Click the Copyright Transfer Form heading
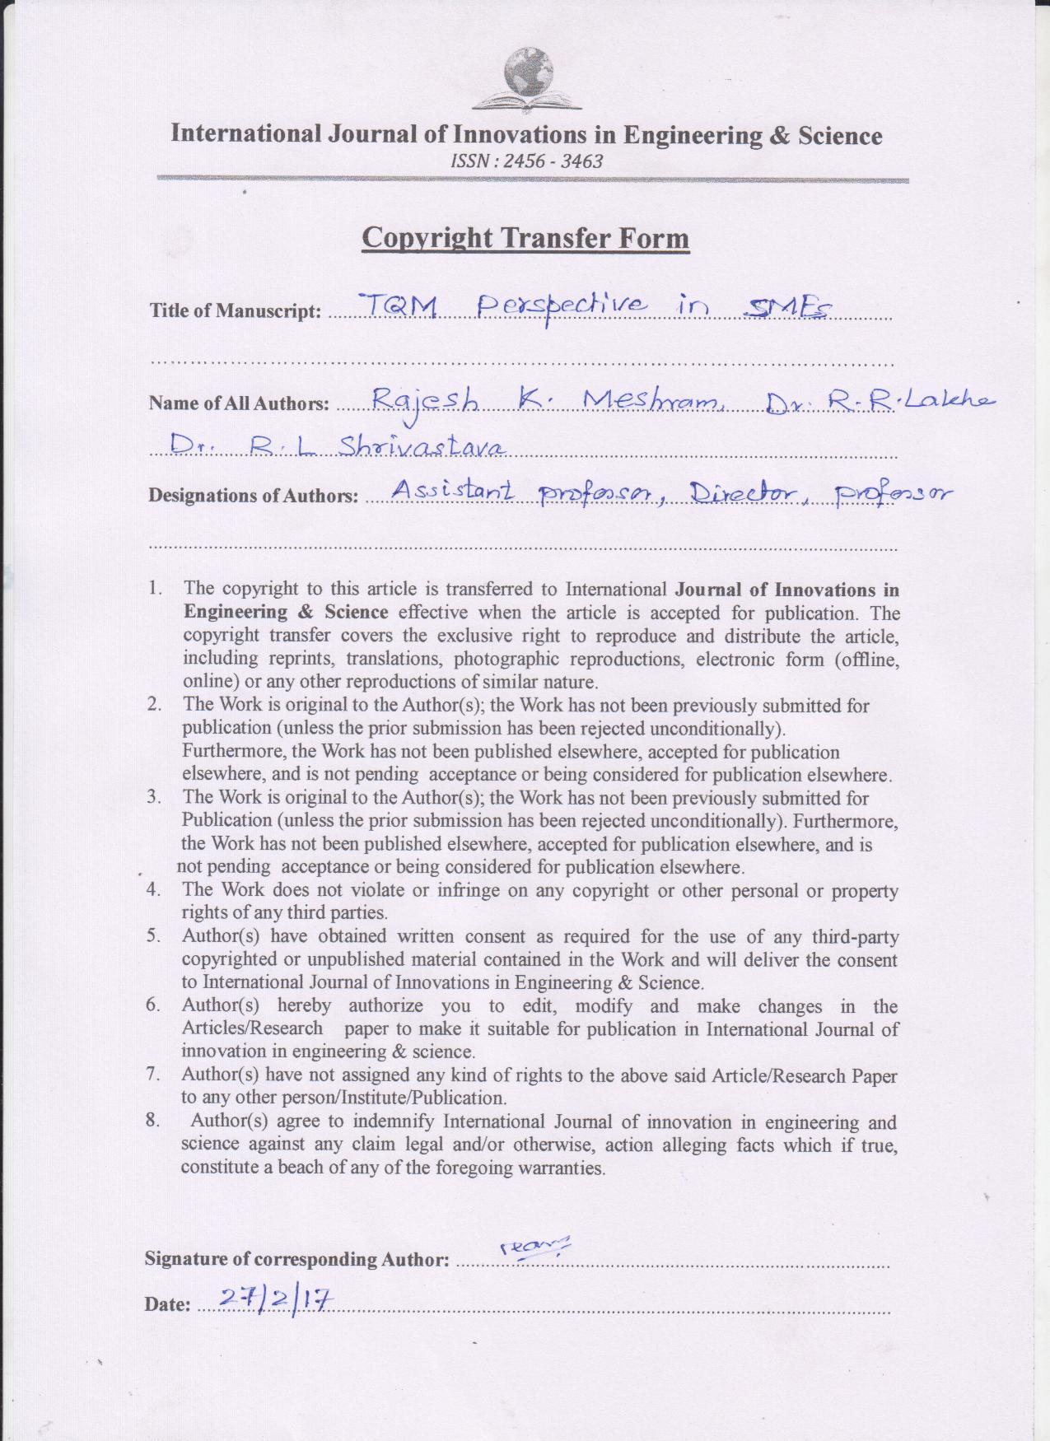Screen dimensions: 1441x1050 pyautogui.click(x=525, y=238)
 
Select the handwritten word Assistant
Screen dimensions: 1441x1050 pyautogui.click(x=453, y=492)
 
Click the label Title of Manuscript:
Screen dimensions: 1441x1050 pyautogui.click(x=235, y=311)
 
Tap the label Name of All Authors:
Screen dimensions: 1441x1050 pyautogui.click(x=239, y=403)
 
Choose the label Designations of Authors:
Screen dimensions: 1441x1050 pyautogui.click(x=253, y=496)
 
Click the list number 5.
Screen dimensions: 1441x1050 pyautogui.click(x=153, y=936)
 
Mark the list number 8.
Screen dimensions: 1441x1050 pyautogui.click(x=153, y=1122)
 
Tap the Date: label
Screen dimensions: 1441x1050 pyautogui.click(x=167, y=1304)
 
